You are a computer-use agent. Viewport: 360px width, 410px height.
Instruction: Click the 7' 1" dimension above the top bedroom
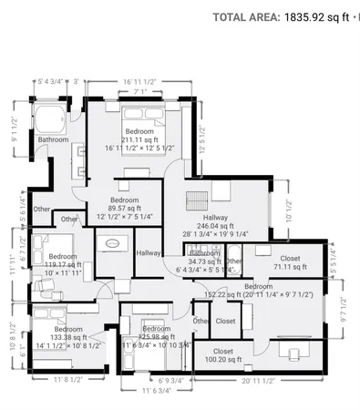[139, 91]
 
